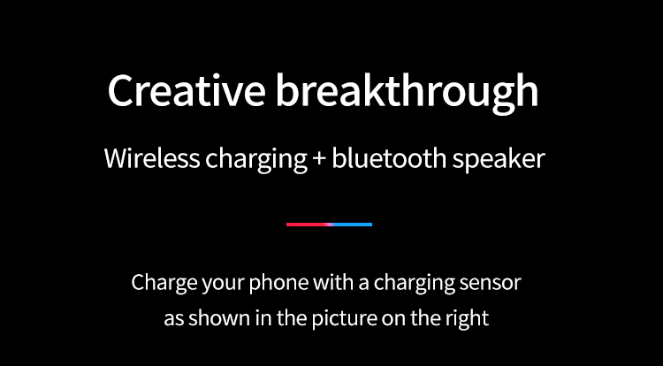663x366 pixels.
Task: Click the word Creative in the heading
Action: pos(187,91)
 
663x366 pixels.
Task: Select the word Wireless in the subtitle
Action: pos(152,158)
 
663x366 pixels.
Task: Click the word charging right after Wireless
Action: pos(256,161)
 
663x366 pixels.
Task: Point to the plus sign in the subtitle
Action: pos(319,160)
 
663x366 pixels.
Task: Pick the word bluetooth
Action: pos(389,158)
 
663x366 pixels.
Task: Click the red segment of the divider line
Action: pos(308,225)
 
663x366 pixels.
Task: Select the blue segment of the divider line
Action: pos(353,225)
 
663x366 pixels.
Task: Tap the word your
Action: pos(224,286)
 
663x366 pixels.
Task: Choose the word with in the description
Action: pos(333,283)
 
